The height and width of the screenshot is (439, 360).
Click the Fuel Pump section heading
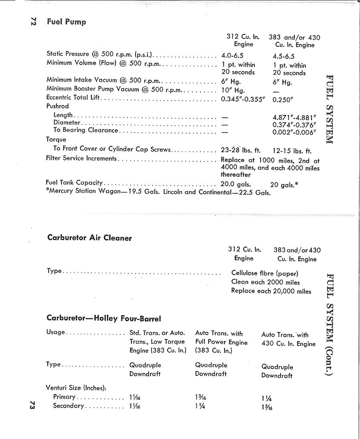pyautogui.click(x=67, y=22)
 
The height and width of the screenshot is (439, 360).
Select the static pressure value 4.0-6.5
pyautogui.click(x=232, y=56)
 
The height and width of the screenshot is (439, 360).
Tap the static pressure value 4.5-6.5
pyautogui.click(x=283, y=56)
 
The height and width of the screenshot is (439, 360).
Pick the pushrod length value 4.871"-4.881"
pyautogui.click(x=294, y=117)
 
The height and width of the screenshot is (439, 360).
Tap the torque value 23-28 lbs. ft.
pyautogui.click(x=241, y=151)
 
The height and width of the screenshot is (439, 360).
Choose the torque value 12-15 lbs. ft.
pyautogui.click(x=292, y=151)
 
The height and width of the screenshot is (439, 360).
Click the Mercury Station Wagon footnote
pyautogui.click(x=159, y=192)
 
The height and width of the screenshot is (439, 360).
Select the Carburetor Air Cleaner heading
pyautogui.click(x=89, y=238)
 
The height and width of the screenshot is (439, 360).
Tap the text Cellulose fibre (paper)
pyautogui.click(x=265, y=274)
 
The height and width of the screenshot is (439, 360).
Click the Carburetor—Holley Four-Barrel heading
pyautogui.click(x=103, y=318)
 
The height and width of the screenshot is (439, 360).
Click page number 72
pyautogui.click(x=33, y=22)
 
